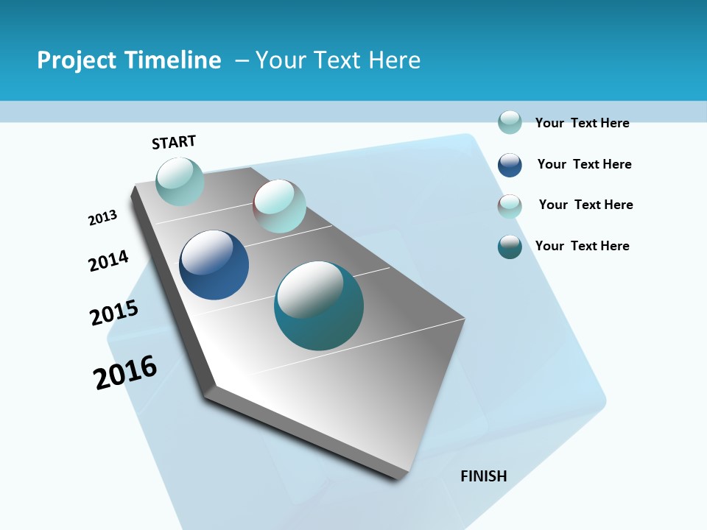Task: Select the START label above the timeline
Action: (174, 142)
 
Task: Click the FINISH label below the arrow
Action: (484, 476)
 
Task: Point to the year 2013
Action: (102, 218)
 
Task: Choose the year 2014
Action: (108, 261)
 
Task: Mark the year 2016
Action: (125, 372)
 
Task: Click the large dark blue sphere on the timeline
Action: (214, 265)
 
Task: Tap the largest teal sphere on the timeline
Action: (319, 305)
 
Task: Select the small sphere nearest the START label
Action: (180, 182)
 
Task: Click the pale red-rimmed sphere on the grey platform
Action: (279, 206)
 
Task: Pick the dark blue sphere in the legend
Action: (510, 165)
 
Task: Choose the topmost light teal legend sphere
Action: (510, 122)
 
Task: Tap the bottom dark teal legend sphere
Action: (510, 247)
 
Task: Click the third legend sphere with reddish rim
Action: (510, 206)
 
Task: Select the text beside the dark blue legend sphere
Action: (584, 164)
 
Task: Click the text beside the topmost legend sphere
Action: (582, 123)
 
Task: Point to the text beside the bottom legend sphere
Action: (582, 246)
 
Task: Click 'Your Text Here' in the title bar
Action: (338, 60)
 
